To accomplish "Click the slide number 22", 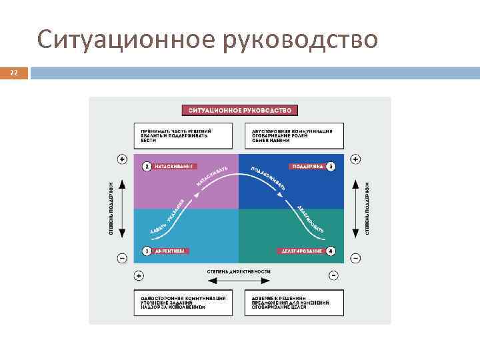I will [x=13, y=73].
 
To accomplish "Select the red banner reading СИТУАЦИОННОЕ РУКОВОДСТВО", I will [x=240, y=110].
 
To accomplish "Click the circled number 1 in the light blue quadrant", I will [x=145, y=251].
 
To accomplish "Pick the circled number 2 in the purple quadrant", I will [x=145, y=165].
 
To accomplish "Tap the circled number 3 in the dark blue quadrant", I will [x=331, y=165].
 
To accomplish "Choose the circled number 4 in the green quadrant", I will [x=331, y=251].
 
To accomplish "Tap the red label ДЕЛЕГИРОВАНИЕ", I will [x=301, y=251].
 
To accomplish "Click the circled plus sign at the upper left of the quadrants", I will [x=122, y=159].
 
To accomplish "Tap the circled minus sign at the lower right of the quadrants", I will [x=356, y=257].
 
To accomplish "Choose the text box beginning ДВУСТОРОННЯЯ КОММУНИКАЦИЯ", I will [x=294, y=136].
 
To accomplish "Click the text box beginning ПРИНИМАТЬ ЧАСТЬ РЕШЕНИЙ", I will [x=183, y=136].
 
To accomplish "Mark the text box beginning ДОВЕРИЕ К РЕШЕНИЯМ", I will [x=294, y=302].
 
